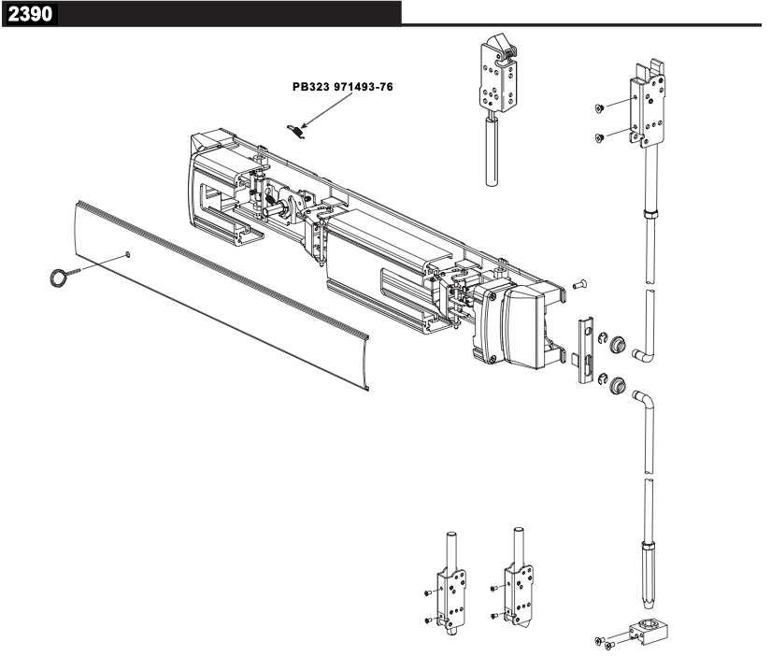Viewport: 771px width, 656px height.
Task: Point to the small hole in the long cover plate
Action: [128, 254]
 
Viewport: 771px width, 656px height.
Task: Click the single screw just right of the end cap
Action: [577, 284]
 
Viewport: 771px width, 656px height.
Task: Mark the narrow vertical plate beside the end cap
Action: [585, 348]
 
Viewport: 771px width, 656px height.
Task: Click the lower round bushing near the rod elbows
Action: [617, 382]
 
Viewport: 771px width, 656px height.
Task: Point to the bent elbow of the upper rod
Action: [645, 354]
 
